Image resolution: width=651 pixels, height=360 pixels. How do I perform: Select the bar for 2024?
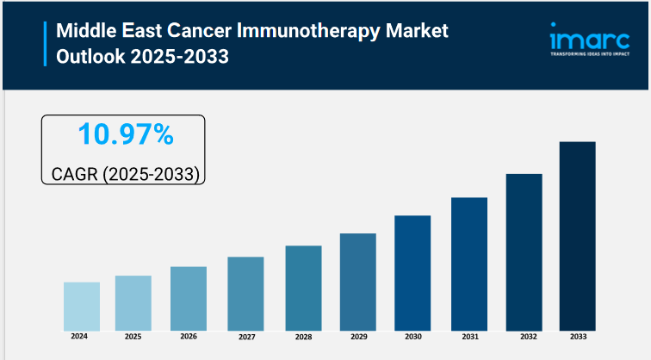pos(82,306)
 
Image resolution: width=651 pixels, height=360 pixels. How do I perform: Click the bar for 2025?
pos(133,302)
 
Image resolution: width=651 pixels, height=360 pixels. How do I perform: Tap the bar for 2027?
pos(245,293)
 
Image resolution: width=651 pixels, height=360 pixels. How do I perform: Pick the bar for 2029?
pos(357,281)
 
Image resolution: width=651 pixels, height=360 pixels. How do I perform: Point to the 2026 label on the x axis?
pos(189,336)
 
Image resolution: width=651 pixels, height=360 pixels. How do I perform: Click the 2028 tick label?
pos(303,336)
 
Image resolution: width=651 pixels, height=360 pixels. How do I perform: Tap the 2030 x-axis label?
pos(412,336)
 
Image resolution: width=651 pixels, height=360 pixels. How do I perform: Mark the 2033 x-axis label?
pos(577,336)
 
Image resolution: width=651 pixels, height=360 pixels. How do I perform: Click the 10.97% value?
pos(125,134)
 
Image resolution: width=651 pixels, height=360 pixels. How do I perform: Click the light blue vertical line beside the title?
pos(45,45)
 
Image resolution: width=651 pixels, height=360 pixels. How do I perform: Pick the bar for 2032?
pos(524,251)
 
